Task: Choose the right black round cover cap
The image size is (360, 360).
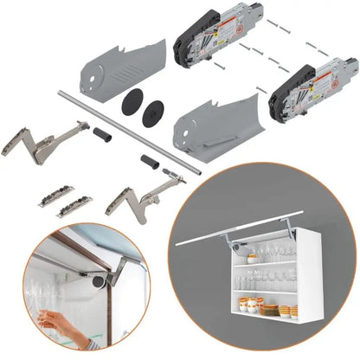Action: click(153, 110)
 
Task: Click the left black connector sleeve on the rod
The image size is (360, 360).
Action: click(104, 135)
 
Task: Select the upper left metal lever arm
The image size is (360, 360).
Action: click(43, 144)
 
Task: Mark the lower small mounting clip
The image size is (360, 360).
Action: click(74, 207)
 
